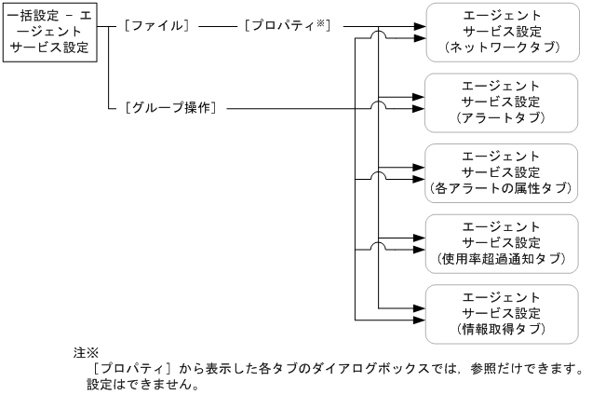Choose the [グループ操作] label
[x=170, y=109]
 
